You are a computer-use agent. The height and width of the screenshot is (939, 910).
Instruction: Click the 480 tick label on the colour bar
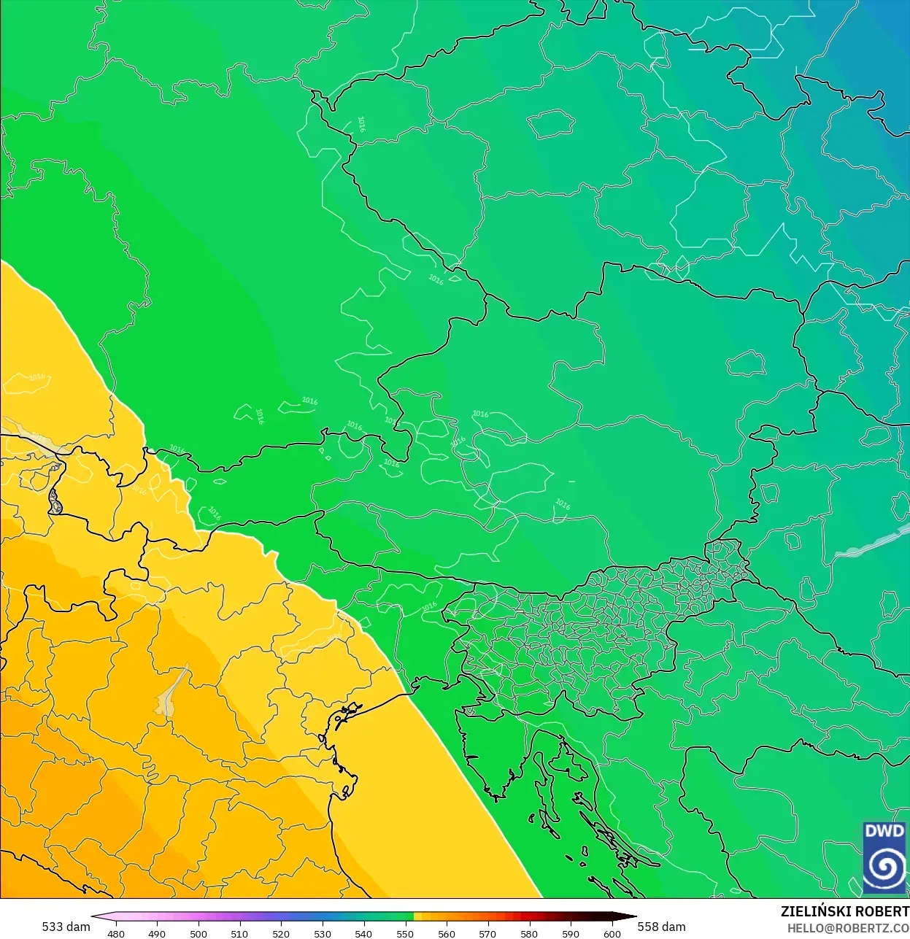pyautogui.click(x=116, y=933)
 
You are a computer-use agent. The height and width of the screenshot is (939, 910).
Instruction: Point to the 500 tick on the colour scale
pyautogui.click(x=198, y=933)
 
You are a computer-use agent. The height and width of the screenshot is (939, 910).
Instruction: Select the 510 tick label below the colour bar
pyautogui.click(x=239, y=933)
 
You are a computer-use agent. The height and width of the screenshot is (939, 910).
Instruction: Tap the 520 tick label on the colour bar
pyautogui.click(x=281, y=933)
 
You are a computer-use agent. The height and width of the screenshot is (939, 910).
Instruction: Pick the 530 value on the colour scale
pyautogui.click(x=323, y=933)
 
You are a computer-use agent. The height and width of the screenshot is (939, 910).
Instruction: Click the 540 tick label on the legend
pyautogui.click(x=363, y=933)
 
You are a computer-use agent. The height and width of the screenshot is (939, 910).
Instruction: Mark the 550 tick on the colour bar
pyautogui.click(x=405, y=933)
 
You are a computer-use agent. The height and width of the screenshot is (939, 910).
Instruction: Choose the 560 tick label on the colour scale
pyautogui.click(x=447, y=933)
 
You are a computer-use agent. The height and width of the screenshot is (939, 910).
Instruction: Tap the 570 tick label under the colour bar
pyautogui.click(x=487, y=933)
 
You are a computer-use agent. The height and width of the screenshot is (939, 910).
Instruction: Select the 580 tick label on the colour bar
pyautogui.click(x=529, y=933)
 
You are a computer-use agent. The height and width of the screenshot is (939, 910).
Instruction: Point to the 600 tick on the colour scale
pyautogui.click(x=612, y=933)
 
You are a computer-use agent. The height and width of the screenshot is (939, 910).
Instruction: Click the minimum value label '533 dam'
pyautogui.click(x=66, y=927)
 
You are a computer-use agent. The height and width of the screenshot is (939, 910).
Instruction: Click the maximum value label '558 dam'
pyautogui.click(x=662, y=927)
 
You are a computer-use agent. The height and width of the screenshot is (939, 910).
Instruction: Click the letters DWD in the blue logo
pyautogui.click(x=884, y=831)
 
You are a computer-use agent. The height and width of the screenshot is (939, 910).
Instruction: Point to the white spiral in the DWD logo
pyautogui.click(x=884, y=867)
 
